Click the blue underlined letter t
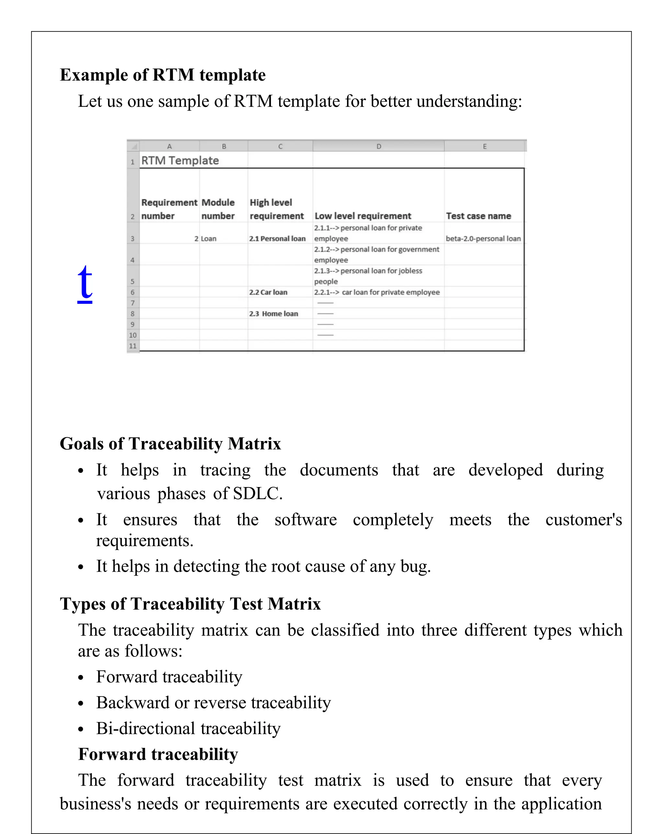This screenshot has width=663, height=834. [x=85, y=283]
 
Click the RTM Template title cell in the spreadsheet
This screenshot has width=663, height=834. [x=180, y=161]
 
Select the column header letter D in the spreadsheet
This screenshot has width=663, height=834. [x=378, y=146]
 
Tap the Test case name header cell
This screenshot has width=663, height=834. [x=478, y=216]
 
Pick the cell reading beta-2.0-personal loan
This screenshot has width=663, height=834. [x=483, y=239]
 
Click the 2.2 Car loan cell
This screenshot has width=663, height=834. [x=268, y=292]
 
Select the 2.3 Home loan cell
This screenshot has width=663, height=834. [x=273, y=314]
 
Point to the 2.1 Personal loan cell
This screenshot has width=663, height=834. [x=277, y=239]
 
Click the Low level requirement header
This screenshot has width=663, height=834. [x=363, y=216]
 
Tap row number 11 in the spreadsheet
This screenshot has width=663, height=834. [x=133, y=346]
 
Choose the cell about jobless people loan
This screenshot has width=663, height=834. [x=368, y=276]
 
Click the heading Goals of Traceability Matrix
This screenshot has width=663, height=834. [x=170, y=444]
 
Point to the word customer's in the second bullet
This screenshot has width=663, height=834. [x=583, y=520]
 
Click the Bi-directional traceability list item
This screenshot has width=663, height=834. [x=188, y=728]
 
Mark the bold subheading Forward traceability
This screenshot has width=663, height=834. [x=158, y=754]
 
